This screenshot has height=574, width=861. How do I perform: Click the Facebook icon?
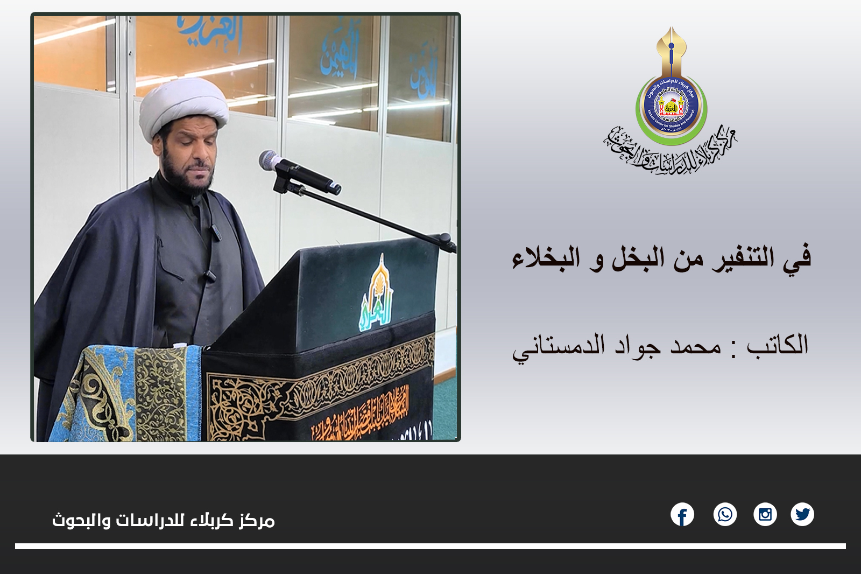(x=682, y=515)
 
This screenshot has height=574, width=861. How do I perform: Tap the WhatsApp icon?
(x=725, y=515)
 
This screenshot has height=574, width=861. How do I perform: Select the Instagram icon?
(x=765, y=515)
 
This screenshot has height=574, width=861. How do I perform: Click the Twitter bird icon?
(x=802, y=515)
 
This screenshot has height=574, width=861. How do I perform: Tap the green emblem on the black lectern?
(x=376, y=293)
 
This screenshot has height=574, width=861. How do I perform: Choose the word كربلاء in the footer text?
(x=211, y=520)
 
